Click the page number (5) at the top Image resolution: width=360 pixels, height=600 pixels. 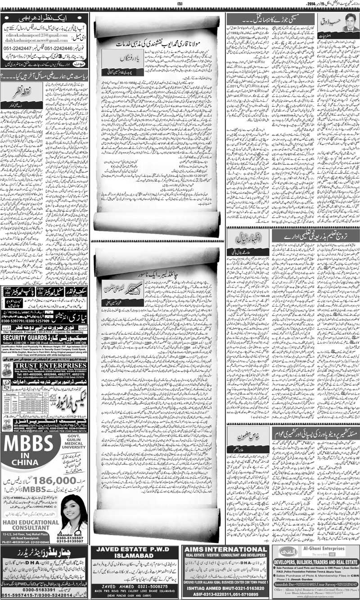(x=180, y=4)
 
